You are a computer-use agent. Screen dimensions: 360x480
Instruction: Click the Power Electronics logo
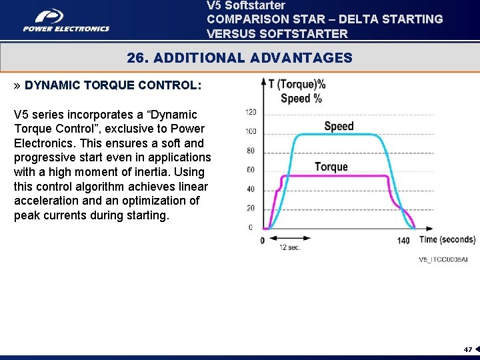click(66, 21)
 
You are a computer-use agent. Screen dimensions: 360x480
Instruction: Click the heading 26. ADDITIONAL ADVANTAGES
click(239, 58)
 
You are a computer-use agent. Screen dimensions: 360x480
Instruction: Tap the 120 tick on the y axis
click(251, 112)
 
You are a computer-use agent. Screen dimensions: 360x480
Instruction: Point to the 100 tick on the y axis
click(251, 131)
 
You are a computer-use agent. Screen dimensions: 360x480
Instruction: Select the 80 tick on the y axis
click(251, 151)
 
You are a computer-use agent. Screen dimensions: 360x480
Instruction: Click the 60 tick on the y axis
click(251, 170)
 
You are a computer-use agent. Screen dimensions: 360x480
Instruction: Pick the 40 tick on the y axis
click(251, 189)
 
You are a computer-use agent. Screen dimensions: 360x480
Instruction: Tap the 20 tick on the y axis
click(251, 209)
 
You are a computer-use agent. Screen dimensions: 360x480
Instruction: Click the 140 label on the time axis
click(403, 241)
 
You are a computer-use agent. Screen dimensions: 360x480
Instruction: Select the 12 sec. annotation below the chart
click(289, 247)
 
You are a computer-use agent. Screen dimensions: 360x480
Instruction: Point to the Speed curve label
click(339, 127)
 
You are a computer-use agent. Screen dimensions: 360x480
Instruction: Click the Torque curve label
click(331, 167)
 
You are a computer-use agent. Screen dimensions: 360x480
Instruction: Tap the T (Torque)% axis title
click(297, 85)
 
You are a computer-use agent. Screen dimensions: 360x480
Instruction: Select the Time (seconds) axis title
click(447, 239)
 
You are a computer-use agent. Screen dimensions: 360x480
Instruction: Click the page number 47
click(468, 349)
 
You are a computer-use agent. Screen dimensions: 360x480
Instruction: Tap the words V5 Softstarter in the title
click(246, 5)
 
